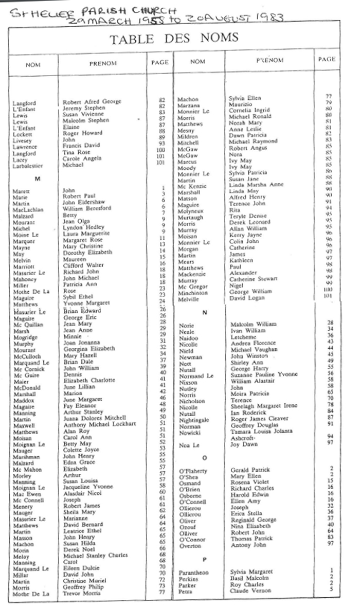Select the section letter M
pyautogui.click(x=37, y=179)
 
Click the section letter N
pyautogui.click(x=205, y=312)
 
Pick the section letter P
pyautogui.click(x=205, y=560)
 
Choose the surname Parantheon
pyautogui.click(x=194, y=572)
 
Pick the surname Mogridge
pyautogui.click(x=26, y=337)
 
